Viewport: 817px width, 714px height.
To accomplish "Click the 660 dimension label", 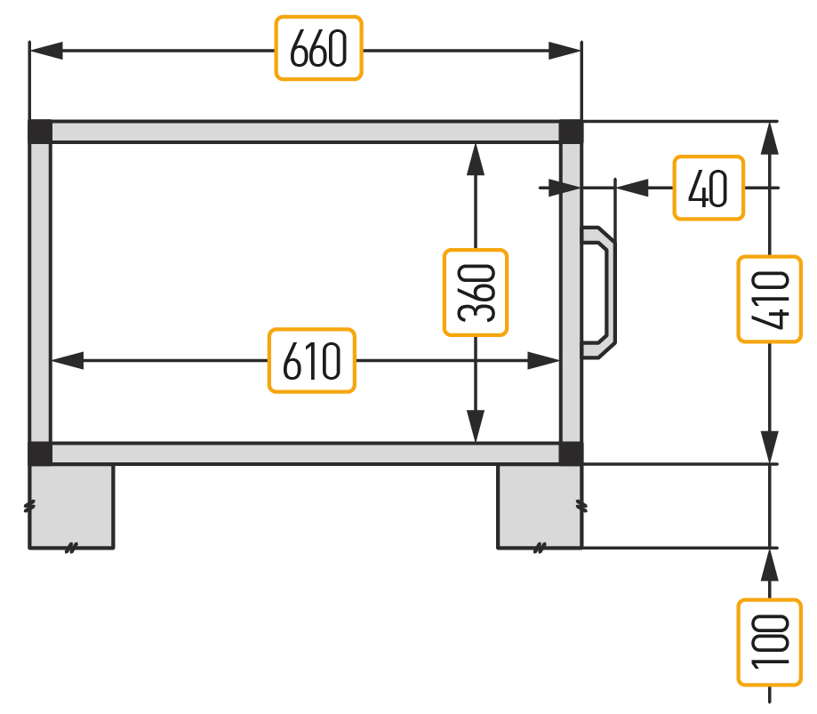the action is (318, 48).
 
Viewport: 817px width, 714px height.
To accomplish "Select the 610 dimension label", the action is (311, 360).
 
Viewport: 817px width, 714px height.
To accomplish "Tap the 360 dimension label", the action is (476, 293).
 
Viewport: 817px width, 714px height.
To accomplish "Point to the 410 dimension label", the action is (770, 299).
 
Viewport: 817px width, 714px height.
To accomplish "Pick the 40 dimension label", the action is (709, 188).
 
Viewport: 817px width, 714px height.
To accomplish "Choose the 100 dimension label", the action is (770, 642).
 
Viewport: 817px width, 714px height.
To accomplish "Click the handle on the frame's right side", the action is (599, 293).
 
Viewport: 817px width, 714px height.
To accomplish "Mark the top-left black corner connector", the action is (40, 132).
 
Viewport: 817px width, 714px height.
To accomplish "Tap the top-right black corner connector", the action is (571, 132).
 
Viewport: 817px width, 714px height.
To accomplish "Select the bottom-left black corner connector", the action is (40, 453).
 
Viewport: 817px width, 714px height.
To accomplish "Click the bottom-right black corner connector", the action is (571, 453).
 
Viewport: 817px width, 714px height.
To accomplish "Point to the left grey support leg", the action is (71, 506).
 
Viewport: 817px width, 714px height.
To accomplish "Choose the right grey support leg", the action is (540, 506).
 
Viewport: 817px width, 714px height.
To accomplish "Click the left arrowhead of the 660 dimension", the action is (47, 51).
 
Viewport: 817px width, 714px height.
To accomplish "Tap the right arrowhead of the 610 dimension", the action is (543, 360).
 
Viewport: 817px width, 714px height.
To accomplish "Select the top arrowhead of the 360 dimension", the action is (476, 159).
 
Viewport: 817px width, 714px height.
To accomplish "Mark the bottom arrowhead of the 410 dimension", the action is (770, 447).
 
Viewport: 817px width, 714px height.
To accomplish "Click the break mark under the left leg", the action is (71, 548).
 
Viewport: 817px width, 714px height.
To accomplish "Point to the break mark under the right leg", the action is (541, 548).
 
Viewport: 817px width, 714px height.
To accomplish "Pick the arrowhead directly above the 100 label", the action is (770, 566).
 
